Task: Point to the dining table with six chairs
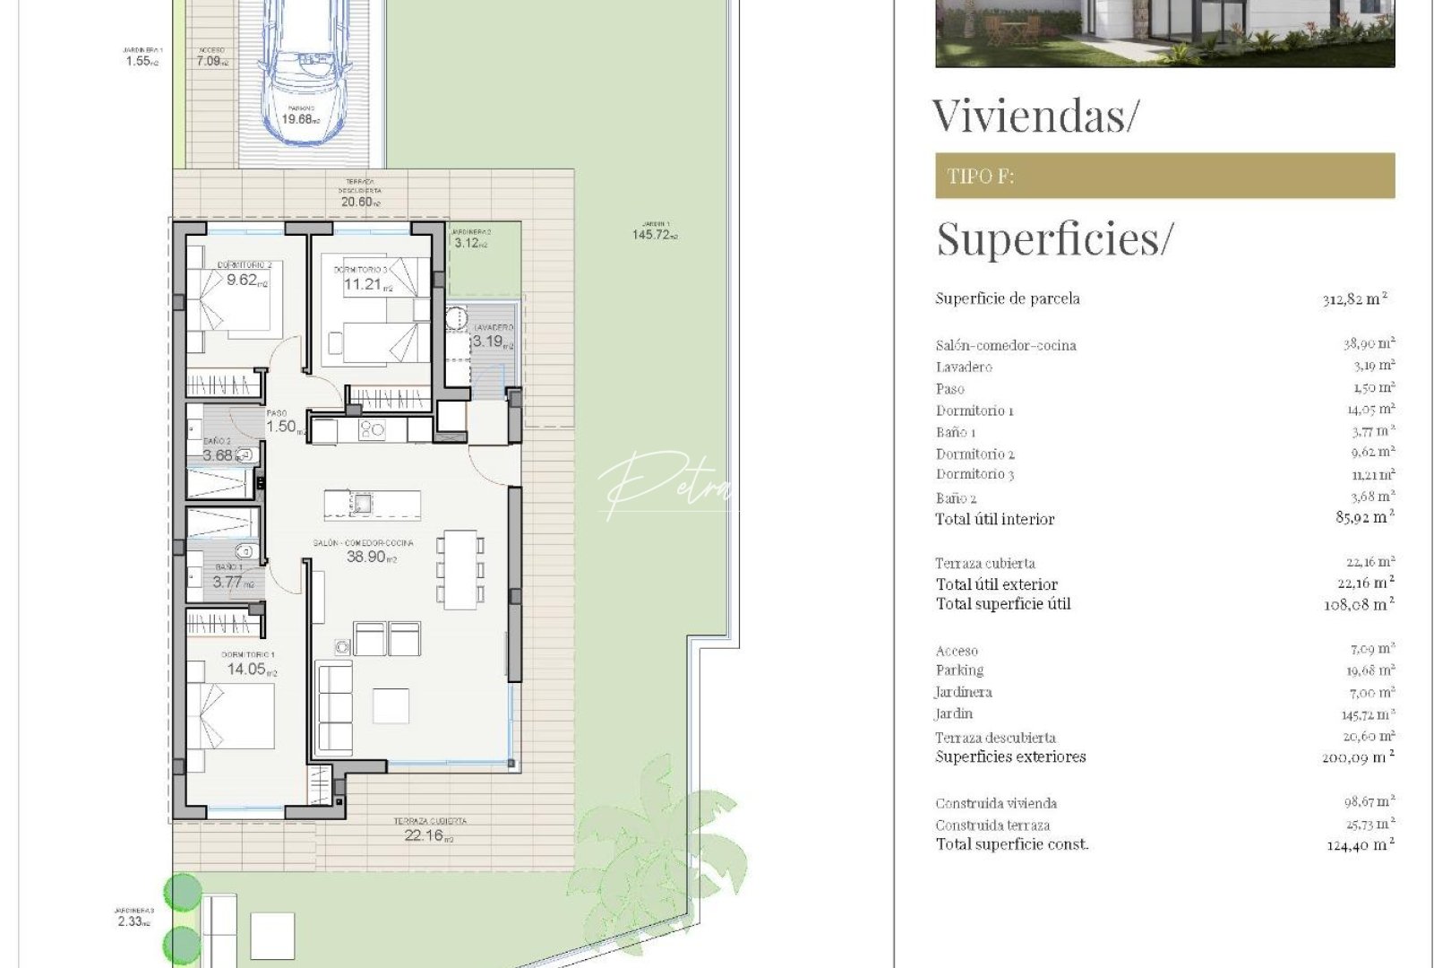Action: click(461, 569)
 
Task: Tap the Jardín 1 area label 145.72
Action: click(655, 235)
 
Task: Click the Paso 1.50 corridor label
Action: click(282, 427)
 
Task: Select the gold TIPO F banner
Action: click(1164, 176)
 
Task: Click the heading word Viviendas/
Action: click(1035, 116)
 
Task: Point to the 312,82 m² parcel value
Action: click(1354, 299)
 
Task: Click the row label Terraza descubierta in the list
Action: click(995, 738)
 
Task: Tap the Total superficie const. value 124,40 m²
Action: click(1360, 844)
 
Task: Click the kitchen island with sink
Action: click(372, 504)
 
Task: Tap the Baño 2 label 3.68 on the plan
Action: click(219, 454)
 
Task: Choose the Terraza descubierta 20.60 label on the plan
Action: click(359, 202)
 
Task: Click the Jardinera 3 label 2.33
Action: click(133, 921)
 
